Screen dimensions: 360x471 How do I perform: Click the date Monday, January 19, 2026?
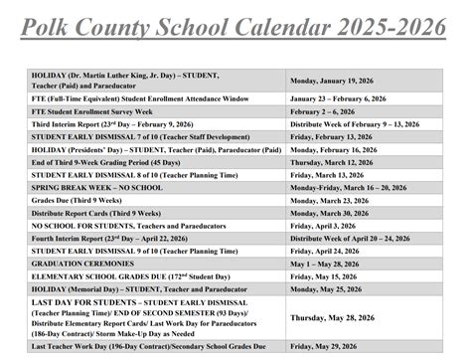pos(338,80)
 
